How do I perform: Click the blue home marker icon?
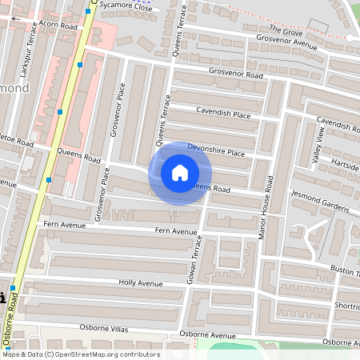(x=180, y=173)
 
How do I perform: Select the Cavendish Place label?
(x=223, y=114)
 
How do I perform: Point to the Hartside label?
(x=345, y=166)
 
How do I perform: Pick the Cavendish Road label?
(x=338, y=123)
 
